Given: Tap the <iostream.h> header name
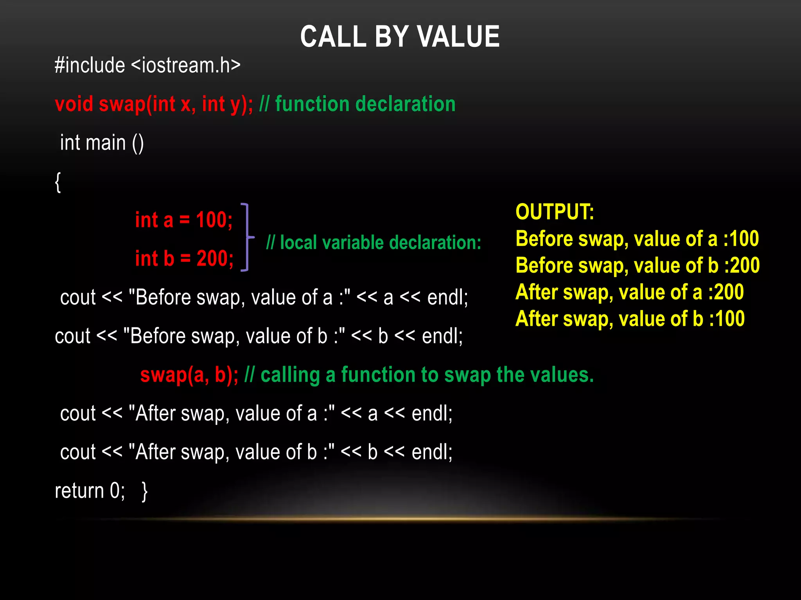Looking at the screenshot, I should point(186,65).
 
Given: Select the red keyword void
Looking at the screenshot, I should point(74,104).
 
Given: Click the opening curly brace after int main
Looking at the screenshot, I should point(58,182).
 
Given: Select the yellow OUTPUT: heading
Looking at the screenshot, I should point(555,212).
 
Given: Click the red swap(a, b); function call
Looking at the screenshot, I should point(189,375).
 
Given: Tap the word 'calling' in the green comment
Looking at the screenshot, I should point(290,375).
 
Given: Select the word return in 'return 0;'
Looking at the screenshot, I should point(79,491).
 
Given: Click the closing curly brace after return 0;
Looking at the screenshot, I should point(145,491).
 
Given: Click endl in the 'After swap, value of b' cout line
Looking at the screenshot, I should point(431,452).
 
